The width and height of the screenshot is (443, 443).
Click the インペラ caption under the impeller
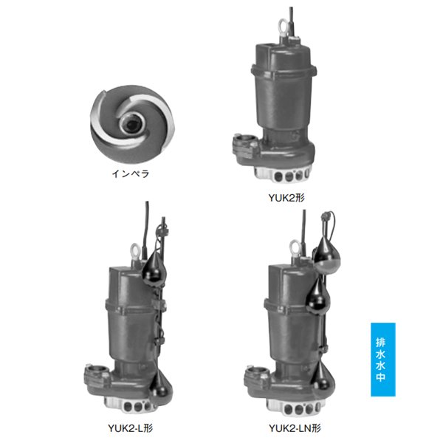(x=131, y=174)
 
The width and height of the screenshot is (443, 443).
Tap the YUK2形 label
(x=286, y=198)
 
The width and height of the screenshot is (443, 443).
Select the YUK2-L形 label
(x=130, y=427)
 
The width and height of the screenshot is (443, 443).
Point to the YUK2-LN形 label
(x=295, y=427)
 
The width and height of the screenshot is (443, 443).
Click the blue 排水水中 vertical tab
(x=382, y=360)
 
